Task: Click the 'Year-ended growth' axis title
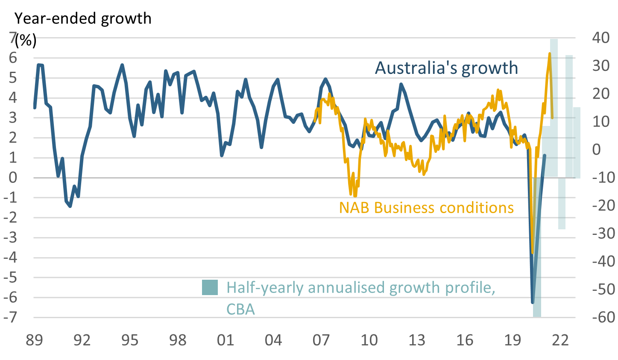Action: [83, 18]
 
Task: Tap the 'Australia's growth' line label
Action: [446, 68]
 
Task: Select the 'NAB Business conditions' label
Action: [426, 208]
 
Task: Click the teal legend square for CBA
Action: [210, 287]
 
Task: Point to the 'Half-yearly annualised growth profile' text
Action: [360, 287]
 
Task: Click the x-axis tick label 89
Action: [34, 340]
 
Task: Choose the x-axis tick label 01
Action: [226, 340]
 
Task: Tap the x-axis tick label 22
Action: [560, 340]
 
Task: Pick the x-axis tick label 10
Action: [369, 340]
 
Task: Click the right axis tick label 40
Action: [601, 38]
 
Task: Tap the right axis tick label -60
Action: [602, 317]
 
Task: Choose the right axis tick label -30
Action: [602, 234]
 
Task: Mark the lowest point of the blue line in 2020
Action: [533, 302]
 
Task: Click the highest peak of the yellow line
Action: [550, 54]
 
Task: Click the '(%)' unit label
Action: [26, 41]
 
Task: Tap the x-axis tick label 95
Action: [130, 340]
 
